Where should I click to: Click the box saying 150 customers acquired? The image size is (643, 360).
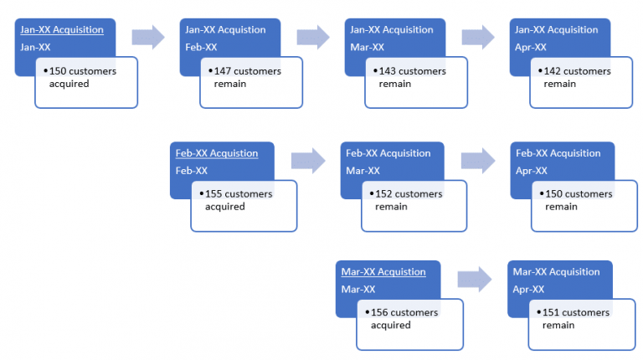coord(86,82)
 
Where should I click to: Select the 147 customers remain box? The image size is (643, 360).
coord(250,82)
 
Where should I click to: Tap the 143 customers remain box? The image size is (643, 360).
coord(415,82)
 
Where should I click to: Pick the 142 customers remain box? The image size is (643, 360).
coord(580,82)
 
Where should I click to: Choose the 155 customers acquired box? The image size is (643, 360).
coord(243,205)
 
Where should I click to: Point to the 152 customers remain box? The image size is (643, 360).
coord(414,205)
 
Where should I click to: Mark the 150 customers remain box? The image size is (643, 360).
coord(583,205)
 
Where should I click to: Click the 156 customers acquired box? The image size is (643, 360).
coord(410,324)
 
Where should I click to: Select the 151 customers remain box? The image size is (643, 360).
coord(580,324)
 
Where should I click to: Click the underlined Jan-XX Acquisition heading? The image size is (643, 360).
coord(62,30)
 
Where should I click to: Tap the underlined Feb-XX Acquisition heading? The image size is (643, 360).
coord(217,153)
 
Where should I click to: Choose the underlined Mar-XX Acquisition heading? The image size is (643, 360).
coord(383,272)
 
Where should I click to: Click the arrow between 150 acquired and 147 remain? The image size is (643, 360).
coord(147,36)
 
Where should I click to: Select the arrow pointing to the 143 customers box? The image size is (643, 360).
coord(313,36)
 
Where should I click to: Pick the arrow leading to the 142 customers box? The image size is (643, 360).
coord(478,36)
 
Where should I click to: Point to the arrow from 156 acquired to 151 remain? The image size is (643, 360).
coord(473,278)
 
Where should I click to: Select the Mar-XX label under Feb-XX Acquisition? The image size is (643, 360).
coord(363,170)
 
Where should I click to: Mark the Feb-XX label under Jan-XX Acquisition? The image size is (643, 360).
coord(201,47)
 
